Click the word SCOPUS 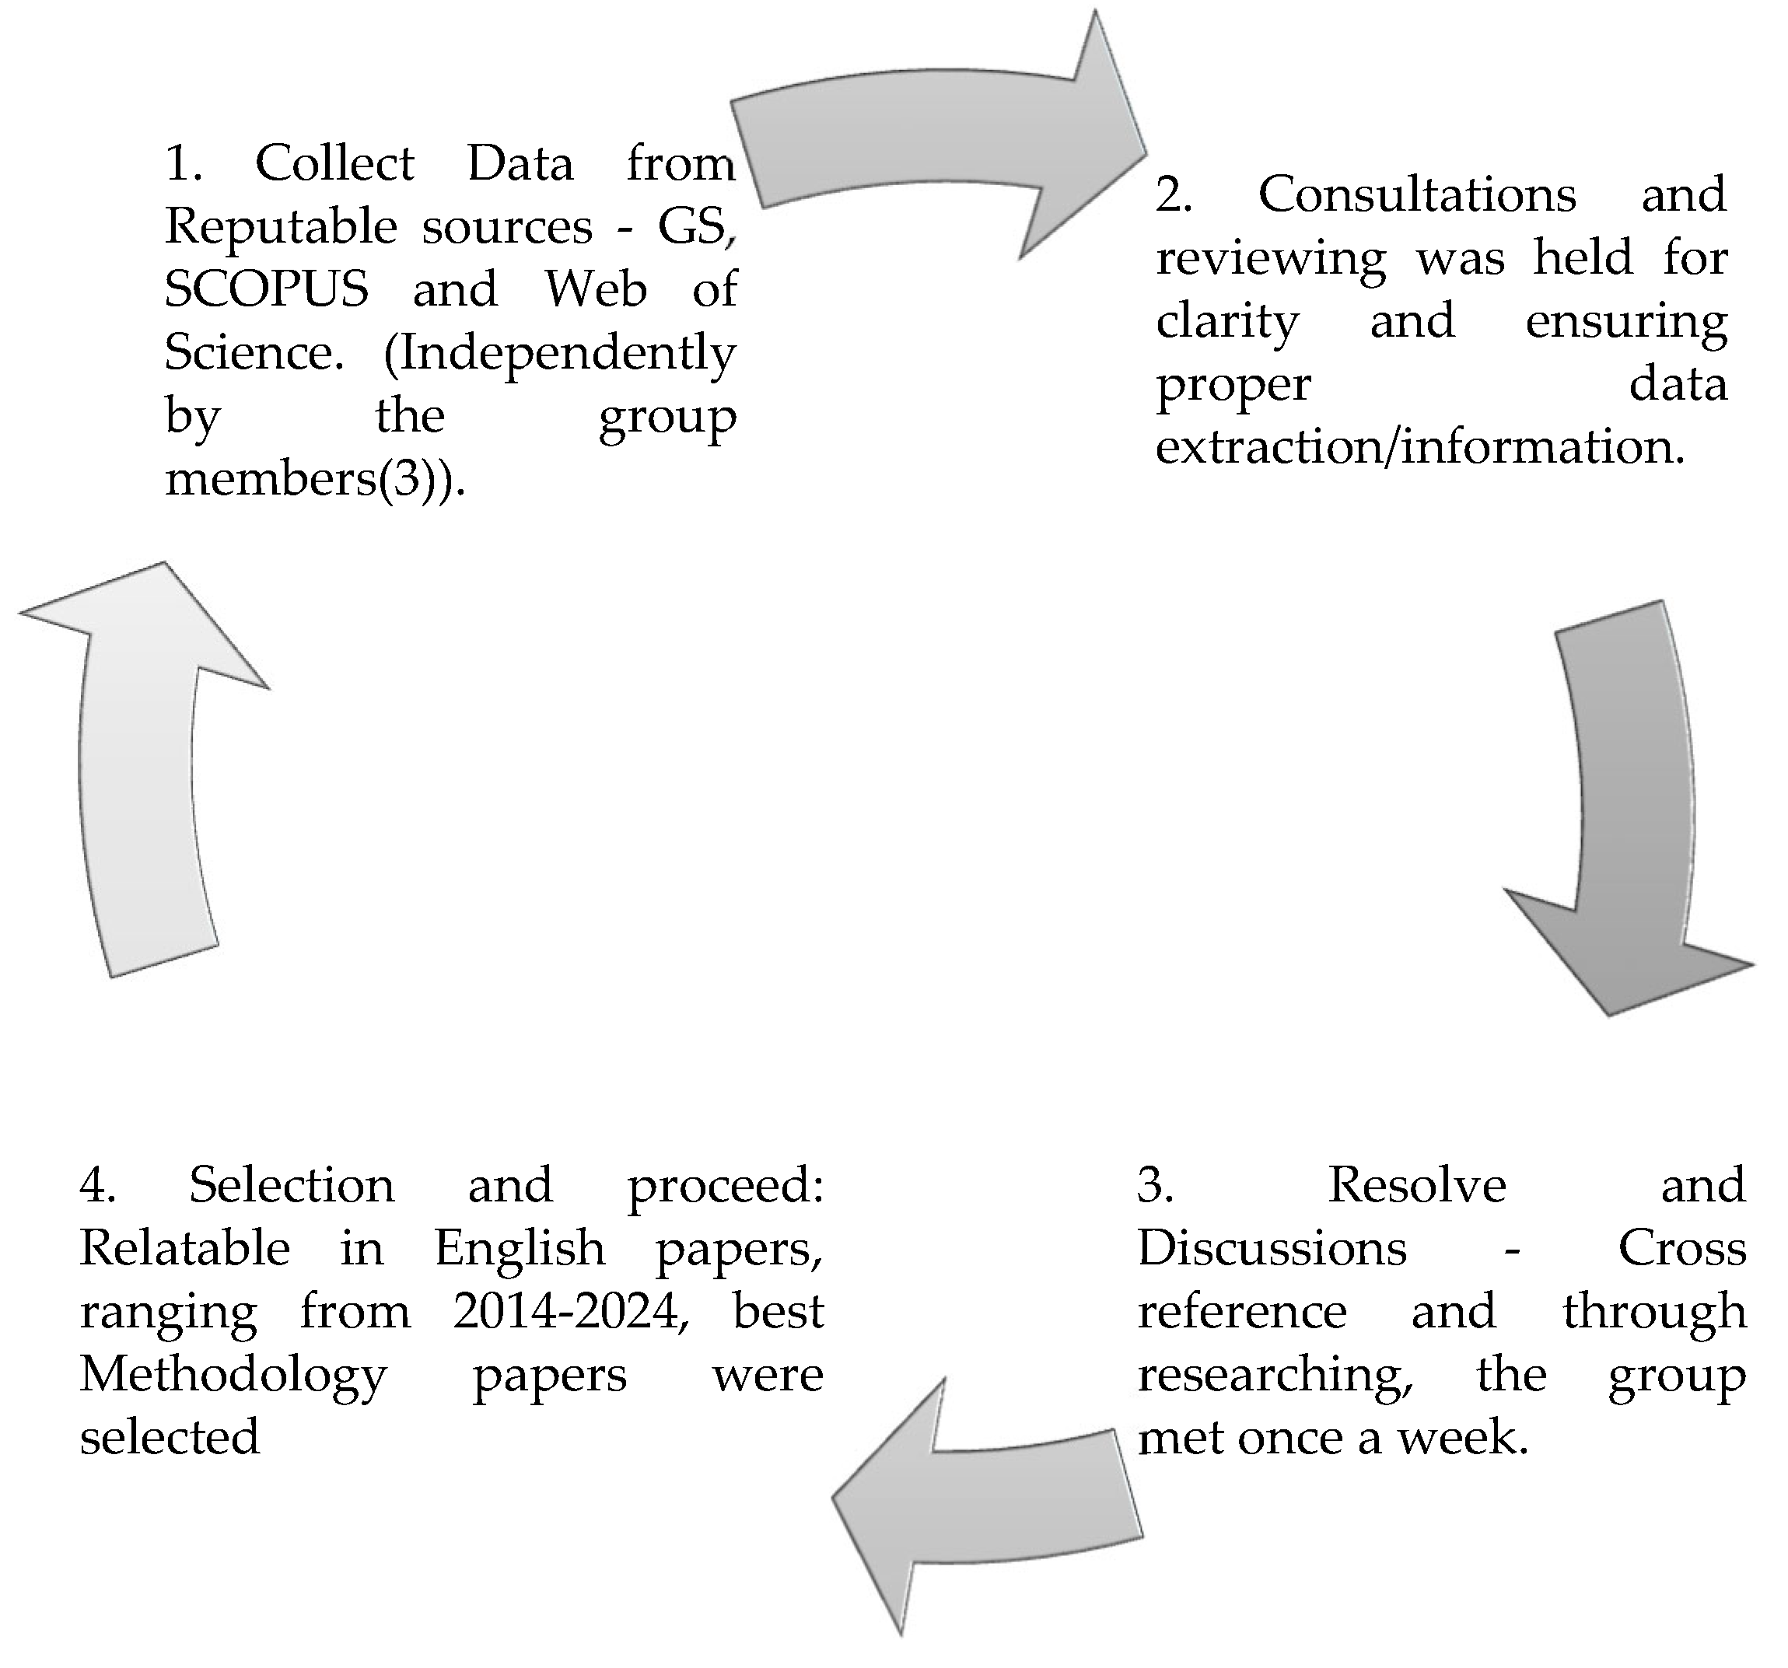click(266, 289)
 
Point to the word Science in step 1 click(253, 352)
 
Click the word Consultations click(1416, 195)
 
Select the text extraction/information click(1420, 447)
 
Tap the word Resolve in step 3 click(1416, 1185)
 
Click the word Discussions click(1272, 1248)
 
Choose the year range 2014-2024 click(570, 1311)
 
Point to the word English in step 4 click(519, 1248)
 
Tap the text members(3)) click(315, 478)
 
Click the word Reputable click(281, 226)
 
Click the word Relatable click(184, 1248)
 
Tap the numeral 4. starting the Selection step click(97, 1185)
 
